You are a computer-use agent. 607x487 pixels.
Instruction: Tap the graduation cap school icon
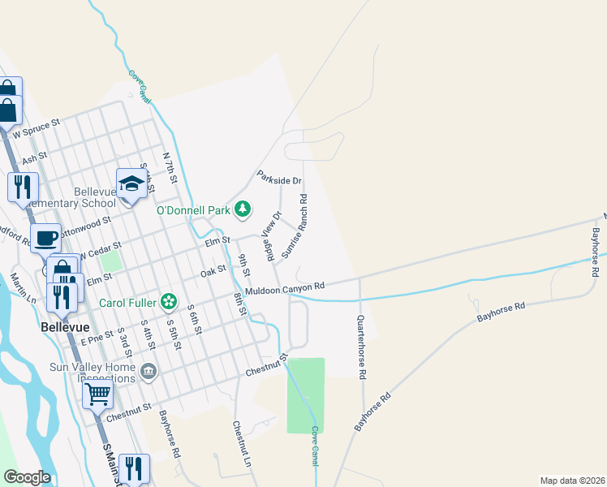pos(131,183)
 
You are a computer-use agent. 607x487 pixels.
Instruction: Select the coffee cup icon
pos(46,238)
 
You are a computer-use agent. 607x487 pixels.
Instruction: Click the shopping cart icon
pos(97,394)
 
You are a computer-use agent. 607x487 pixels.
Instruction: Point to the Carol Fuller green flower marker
pos(168,303)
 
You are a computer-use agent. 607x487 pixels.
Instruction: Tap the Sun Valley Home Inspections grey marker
pos(148,373)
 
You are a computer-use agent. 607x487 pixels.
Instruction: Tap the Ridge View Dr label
pos(270,235)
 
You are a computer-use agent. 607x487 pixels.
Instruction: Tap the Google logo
pos(27,477)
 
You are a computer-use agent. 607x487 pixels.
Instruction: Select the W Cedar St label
pos(98,249)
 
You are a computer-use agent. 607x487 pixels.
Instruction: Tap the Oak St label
pos(213,272)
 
